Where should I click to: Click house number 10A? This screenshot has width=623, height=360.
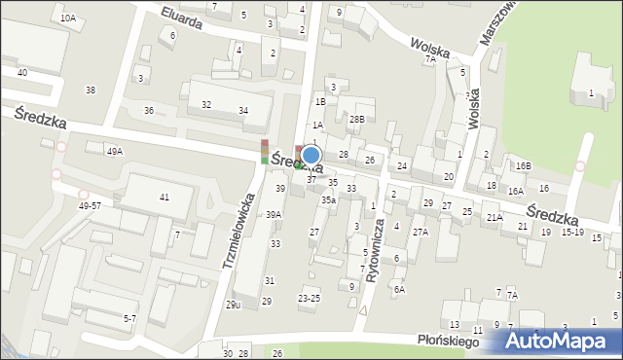[x=67, y=18]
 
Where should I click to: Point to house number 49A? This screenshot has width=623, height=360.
[x=115, y=152]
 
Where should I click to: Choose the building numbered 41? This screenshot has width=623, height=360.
[x=164, y=198]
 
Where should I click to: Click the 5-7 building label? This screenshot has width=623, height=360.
[x=129, y=318]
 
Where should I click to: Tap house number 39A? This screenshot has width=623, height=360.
[x=275, y=215]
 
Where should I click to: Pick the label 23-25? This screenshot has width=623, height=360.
[x=309, y=298]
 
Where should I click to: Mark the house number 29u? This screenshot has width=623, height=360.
[x=234, y=305]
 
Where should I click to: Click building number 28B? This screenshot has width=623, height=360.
[x=357, y=119]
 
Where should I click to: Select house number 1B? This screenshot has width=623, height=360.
[x=320, y=101]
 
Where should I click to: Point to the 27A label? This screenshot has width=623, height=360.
[x=420, y=232]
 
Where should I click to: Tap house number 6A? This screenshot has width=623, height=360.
[x=399, y=289]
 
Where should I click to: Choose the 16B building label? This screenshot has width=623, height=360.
[x=524, y=166]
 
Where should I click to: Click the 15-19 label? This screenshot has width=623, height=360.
[x=572, y=233]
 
